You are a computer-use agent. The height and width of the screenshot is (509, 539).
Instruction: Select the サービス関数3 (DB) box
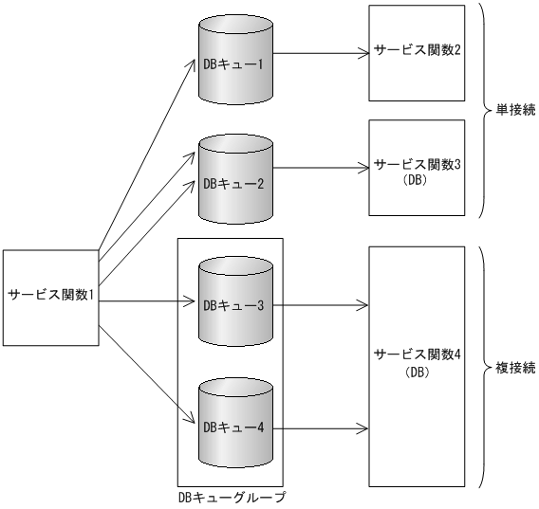[418, 170]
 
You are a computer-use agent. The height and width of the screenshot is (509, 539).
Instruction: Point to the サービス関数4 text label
[418, 355]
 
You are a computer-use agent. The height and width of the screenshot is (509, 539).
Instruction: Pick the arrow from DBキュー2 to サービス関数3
[323, 170]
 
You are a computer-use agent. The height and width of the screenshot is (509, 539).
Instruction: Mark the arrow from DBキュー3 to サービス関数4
[323, 305]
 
